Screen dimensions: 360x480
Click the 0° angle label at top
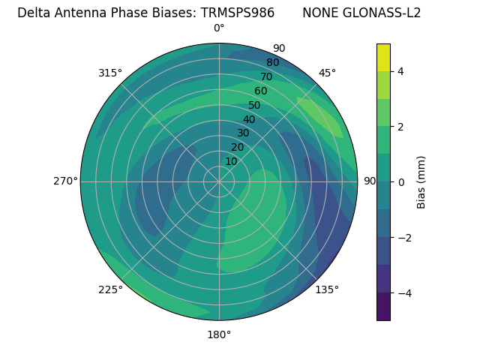(x=219, y=28)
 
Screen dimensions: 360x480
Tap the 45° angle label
(x=327, y=73)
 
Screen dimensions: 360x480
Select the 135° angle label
(x=327, y=289)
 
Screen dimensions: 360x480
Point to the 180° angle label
(x=219, y=334)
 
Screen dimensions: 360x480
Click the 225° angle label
(x=110, y=289)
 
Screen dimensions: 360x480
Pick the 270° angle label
(x=65, y=181)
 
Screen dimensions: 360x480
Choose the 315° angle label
(x=110, y=73)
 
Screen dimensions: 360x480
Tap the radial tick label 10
(x=231, y=161)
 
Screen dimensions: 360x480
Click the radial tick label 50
(x=254, y=106)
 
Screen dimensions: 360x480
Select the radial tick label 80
(x=272, y=63)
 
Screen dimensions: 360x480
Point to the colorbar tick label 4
(x=401, y=71)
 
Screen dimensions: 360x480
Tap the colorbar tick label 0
(x=401, y=182)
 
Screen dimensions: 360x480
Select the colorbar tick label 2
(x=401, y=127)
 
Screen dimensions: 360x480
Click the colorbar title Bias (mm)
(x=421, y=182)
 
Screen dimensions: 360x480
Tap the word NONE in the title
(x=320, y=13)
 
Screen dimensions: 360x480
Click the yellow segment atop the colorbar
(x=383, y=57)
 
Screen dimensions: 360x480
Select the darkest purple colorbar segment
(x=383, y=307)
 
